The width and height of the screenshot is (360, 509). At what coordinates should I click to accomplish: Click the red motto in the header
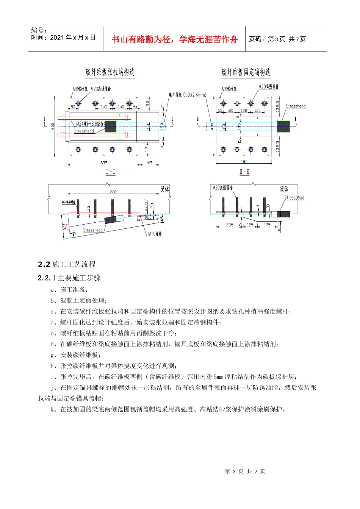point(175,39)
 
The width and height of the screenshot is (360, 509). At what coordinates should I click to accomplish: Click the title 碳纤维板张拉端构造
point(110,72)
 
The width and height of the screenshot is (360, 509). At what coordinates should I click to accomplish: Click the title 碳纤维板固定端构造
point(246,72)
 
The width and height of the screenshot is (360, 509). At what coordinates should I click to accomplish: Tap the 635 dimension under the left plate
point(103,163)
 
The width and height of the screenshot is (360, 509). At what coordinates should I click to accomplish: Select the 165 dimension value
point(149,163)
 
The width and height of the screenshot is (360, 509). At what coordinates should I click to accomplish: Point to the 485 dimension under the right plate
point(244,162)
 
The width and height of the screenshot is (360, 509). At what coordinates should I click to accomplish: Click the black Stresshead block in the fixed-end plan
point(283,126)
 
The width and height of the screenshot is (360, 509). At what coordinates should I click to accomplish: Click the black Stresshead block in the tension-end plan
point(110,126)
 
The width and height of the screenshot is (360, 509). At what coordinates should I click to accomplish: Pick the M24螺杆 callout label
point(90,124)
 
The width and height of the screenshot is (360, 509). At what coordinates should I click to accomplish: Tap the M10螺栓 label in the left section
point(155,234)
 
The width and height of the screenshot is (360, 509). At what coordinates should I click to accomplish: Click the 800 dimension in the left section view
point(113,192)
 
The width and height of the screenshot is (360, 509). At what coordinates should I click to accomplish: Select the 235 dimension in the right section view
point(230,225)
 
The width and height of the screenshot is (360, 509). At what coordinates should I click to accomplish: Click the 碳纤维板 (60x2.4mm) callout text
point(187,95)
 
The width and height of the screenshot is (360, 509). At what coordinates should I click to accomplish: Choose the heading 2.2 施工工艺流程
point(67,264)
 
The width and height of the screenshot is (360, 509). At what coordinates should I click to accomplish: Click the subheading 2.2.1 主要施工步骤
point(69,278)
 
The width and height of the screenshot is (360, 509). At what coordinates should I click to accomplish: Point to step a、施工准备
point(69,290)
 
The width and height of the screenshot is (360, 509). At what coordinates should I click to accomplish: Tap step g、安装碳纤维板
point(75,355)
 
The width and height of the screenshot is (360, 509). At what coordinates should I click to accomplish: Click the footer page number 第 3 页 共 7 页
point(245,472)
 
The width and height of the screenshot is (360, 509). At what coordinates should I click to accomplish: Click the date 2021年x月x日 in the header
point(73,37)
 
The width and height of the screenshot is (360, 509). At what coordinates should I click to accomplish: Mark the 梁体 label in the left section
point(165,189)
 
